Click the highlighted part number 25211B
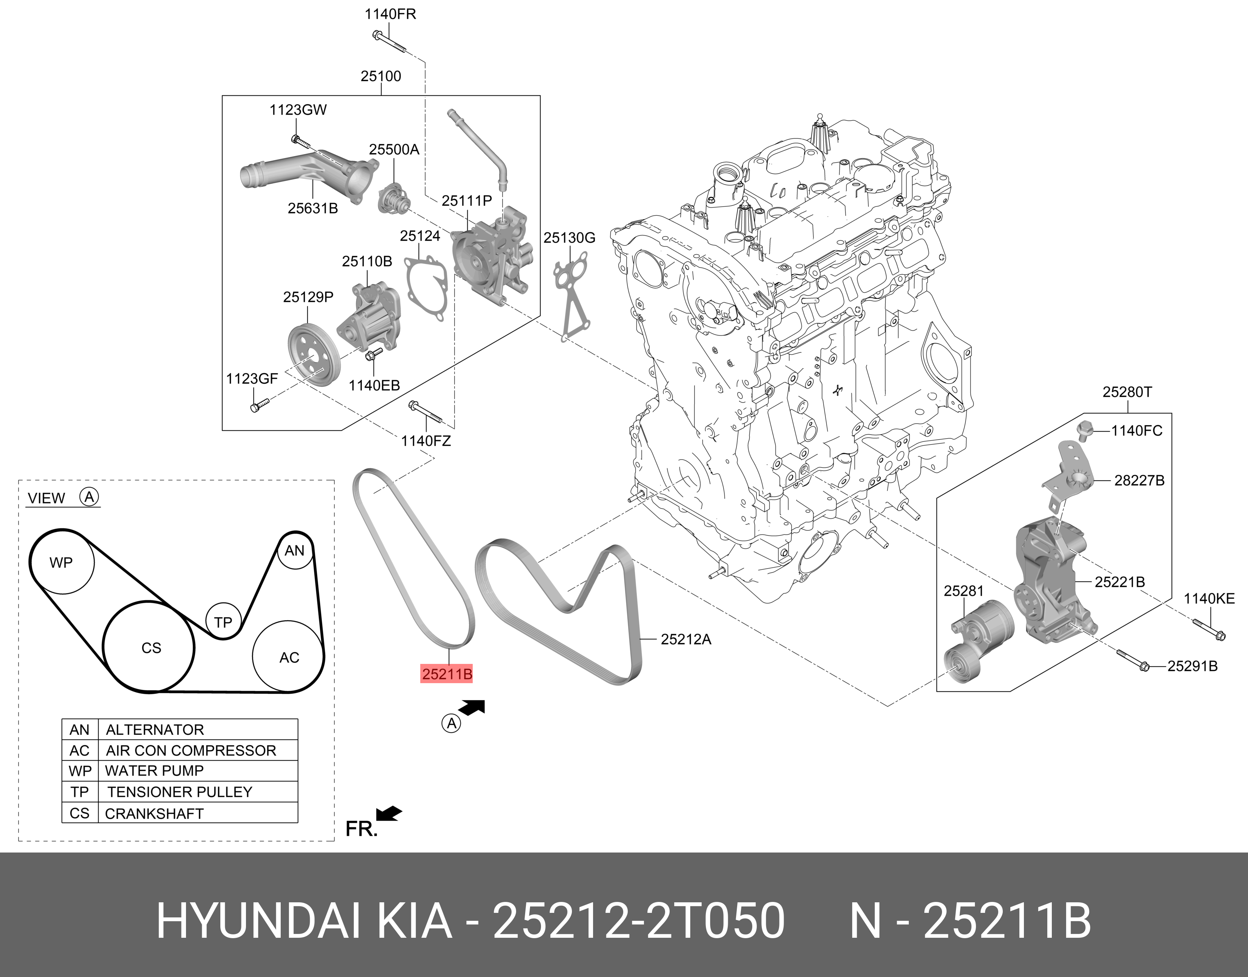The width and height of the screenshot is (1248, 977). tap(447, 674)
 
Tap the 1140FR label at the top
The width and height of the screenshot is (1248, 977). tap(390, 14)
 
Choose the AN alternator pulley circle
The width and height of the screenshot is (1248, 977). tap(295, 550)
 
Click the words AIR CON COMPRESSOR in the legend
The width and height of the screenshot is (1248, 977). tap(191, 751)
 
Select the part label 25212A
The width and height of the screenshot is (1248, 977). tap(686, 639)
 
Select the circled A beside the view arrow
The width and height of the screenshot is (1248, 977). tap(451, 724)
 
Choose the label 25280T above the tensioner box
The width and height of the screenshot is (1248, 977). tap(1127, 392)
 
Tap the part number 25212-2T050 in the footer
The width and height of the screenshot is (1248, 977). tap(639, 921)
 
